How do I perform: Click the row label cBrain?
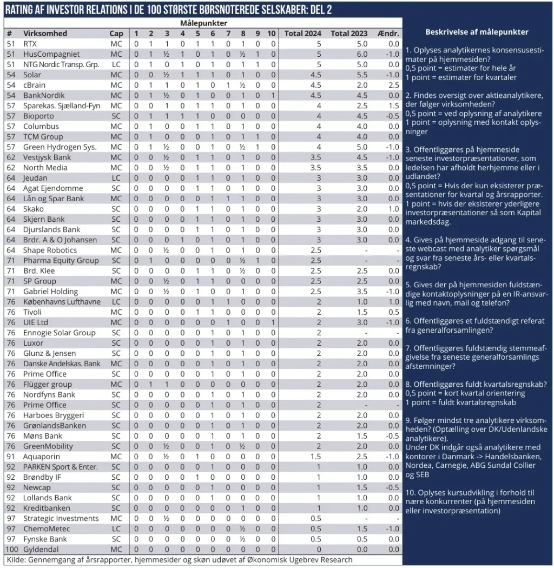pos(34,85)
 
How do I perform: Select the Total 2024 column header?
pos(303,34)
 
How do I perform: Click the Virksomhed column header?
pos(45,34)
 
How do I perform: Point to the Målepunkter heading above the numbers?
pos(203,23)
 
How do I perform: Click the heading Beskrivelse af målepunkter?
pos(477,32)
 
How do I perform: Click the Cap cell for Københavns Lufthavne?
pos(116,301)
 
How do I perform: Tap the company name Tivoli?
pos(32,312)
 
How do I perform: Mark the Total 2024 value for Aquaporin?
pos(319,457)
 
